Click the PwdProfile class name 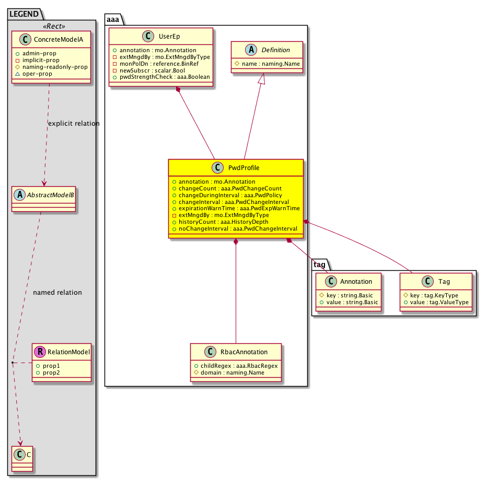pyautogui.click(x=243, y=168)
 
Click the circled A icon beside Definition pyautogui.click(x=251, y=50)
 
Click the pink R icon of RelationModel pyautogui.click(x=40, y=352)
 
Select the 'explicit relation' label pyautogui.click(x=74, y=124)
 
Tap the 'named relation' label pyautogui.click(x=57, y=293)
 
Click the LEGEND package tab pyautogui.click(x=24, y=14)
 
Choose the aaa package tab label pyautogui.click(x=113, y=19)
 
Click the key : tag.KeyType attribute pyautogui.click(x=431, y=295)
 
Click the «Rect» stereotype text pyautogui.click(x=54, y=26)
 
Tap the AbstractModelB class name pyautogui.click(x=50, y=195)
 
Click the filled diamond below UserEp pyautogui.click(x=178, y=90)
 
